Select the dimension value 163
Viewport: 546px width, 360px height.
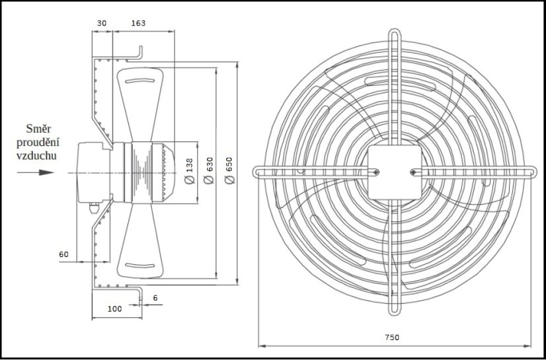138,23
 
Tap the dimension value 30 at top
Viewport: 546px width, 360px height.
101,23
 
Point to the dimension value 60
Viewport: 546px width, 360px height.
63,254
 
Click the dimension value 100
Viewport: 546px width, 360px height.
115,309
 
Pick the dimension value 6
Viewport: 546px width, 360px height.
155,298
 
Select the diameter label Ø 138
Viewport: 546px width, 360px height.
189,171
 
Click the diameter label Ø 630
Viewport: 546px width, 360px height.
210,171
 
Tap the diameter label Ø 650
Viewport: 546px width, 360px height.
229,171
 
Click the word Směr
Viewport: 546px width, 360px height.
38,129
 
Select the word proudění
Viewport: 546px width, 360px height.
38,142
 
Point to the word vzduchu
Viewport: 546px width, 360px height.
38,156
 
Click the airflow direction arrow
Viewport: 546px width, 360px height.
36,172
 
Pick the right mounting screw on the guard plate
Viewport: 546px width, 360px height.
413,173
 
